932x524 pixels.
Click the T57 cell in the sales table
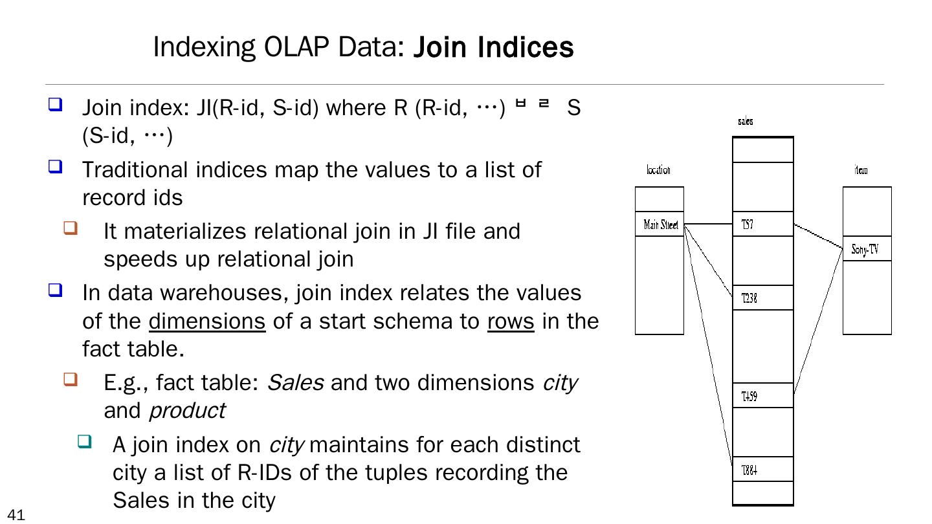click(762, 224)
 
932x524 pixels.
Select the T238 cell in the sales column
click(762, 298)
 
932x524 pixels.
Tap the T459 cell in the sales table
click(762, 395)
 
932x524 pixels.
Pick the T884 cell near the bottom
click(762, 469)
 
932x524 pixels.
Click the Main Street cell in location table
click(660, 224)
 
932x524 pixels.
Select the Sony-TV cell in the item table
click(867, 248)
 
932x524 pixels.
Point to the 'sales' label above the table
click(745, 121)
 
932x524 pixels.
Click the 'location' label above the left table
click(658, 170)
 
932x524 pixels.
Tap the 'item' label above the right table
click(861, 170)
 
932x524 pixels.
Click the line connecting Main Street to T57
click(708, 224)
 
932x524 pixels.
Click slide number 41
click(17, 515)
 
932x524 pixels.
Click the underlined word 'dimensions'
click(207, 322)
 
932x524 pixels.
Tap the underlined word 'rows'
click(511, 322)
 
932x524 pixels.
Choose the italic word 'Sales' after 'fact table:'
click(295, 383)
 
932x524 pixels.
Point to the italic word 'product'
click(186, 411)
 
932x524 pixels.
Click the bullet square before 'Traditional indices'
click(56, 167)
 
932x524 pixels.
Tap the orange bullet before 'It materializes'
click(71, 228)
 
